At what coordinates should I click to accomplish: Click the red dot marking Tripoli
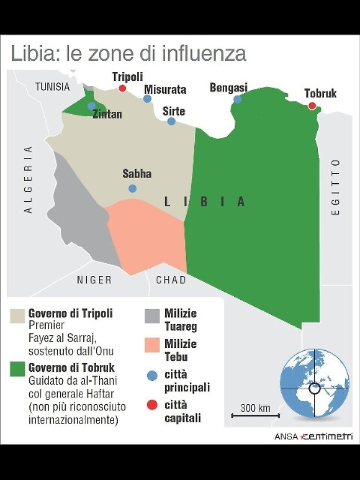[x=122, y=88]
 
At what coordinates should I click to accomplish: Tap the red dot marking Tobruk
[x=312, y=106]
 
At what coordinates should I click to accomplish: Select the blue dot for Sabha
[x=133, y=188]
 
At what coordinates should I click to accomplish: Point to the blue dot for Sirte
[x=171, y=121]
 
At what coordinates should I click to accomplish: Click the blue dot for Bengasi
[x=237, y=99]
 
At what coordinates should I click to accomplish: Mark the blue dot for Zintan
[x=92, y=106]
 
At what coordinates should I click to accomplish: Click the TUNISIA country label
[x=52, y=87]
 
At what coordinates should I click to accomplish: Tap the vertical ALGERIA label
[x=28, y=180]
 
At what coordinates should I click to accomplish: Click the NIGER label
[x=94, y=280]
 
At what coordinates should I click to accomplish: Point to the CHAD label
[x=171, y=280]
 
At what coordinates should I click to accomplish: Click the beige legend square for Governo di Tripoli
[x=18, y=314]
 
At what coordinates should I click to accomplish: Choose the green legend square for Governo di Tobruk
[x=18, y=369]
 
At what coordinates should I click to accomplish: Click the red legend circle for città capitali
[x=152, y=406]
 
